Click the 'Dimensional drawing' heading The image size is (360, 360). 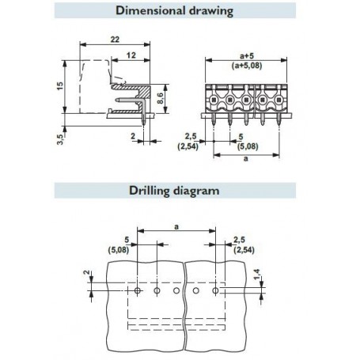tap(174, 11)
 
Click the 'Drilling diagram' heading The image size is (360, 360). tap(174, 191)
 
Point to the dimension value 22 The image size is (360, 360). tap(115, 40)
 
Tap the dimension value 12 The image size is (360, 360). tap(131, 55)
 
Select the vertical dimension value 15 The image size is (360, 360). tap(60, 86)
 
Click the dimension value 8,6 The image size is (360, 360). tap(160, 98)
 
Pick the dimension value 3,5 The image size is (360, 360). tap(60, 139)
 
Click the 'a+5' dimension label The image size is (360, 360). tap(247, 56)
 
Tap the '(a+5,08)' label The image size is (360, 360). tap(247, 66)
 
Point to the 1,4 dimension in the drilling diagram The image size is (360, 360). tap(256, 275)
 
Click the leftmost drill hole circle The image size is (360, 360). tap(138, 290)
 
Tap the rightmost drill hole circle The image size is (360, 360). tap(215, 290)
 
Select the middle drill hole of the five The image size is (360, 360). tap(176, 290)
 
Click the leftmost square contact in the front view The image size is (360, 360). tap(214, 100)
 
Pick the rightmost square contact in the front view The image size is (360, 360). tap(279, 100)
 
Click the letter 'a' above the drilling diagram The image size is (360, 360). tap(176, 226)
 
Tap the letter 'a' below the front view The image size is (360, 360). tap(246, 159)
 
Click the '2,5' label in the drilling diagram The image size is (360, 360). tap(239, 240)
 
